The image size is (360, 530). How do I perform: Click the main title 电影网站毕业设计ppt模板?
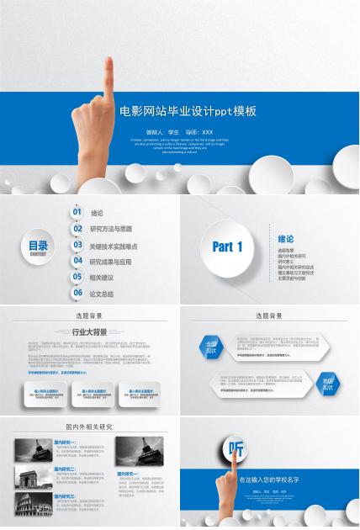click(187, 111)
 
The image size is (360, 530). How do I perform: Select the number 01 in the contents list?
click(77, 213)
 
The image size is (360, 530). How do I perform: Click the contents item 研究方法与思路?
click(111, 229)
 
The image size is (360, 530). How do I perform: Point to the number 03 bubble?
click(77, 246)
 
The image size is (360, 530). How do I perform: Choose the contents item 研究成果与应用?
click(111, 262)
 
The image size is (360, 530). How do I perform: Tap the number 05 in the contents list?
click(77, 278)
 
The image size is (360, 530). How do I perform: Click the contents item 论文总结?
click(102, 294)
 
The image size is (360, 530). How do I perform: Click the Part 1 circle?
click(228, 246)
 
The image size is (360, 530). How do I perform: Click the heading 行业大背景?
click(89, 332)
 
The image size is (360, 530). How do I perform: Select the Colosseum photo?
click(33, 504)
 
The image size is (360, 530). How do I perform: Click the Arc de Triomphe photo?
click(33, 477)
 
